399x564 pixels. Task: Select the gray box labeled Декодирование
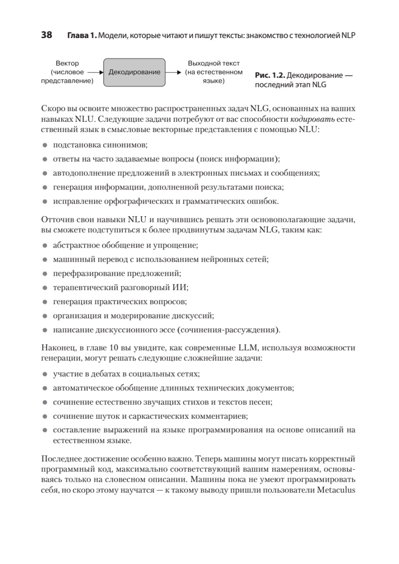[x=134, y=72]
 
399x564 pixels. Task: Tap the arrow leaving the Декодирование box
[x=173, y=72]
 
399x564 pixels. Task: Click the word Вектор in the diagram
[x=67, y=63]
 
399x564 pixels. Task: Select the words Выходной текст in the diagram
[x=213, y=63]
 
